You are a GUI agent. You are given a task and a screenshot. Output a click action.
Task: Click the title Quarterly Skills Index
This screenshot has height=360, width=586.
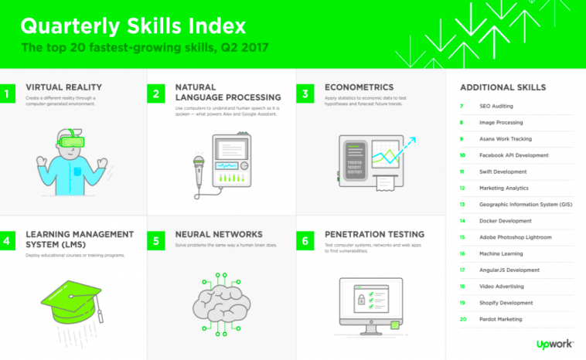tap(133, 25)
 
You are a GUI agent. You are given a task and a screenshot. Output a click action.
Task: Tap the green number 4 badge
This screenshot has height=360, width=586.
tap(7, 241)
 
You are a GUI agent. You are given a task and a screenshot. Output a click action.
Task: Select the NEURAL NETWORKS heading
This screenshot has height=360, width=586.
tap(219, 234)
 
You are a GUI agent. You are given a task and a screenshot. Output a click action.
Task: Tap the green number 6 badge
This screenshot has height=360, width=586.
tap(305, 241)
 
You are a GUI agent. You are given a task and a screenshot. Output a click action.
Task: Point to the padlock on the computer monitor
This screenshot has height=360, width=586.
tap(359, 297)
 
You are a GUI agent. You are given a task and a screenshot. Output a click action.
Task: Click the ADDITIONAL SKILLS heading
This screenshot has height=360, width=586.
tap(503, 87)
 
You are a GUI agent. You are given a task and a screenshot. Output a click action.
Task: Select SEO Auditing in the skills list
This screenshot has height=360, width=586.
tap(496, 106)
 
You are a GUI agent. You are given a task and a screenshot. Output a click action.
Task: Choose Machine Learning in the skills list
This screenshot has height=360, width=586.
tap(501, 253)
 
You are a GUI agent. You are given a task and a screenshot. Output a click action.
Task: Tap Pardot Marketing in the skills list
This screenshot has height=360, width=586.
tap(501, 319)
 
